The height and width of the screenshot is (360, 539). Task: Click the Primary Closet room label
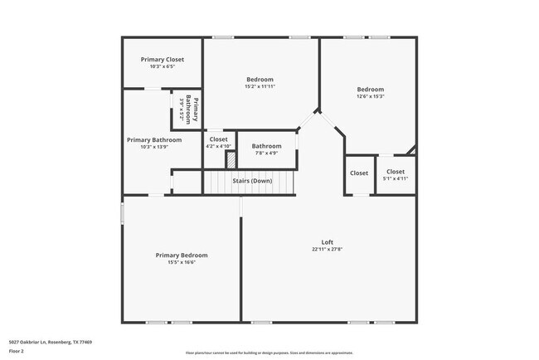point(163,60)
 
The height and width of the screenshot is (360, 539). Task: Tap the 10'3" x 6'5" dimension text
point(163,66)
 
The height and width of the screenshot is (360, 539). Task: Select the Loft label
point(327,242)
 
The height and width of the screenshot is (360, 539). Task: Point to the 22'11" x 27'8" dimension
point(327,249)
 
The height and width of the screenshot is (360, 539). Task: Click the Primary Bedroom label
point(182,255)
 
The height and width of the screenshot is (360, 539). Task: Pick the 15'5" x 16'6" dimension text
point(182,262)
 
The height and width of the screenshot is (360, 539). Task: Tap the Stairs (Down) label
point(252,180)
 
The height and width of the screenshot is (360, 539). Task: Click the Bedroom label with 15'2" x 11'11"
point(260,80)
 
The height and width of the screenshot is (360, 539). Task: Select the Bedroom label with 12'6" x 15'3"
point(371,90)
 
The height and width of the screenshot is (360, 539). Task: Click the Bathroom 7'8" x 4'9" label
point(266,146)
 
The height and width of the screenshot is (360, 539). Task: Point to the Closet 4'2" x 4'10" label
point(218,139)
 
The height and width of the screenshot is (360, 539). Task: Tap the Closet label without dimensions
point(359,173)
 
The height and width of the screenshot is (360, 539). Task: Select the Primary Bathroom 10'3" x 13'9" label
point(154,140)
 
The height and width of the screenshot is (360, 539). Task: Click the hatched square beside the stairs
point(231,158)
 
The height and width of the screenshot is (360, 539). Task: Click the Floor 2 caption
point(17,351)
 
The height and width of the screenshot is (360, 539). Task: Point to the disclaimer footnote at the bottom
point(269,352)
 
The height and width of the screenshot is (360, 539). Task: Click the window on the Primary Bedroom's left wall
point(122,212)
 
